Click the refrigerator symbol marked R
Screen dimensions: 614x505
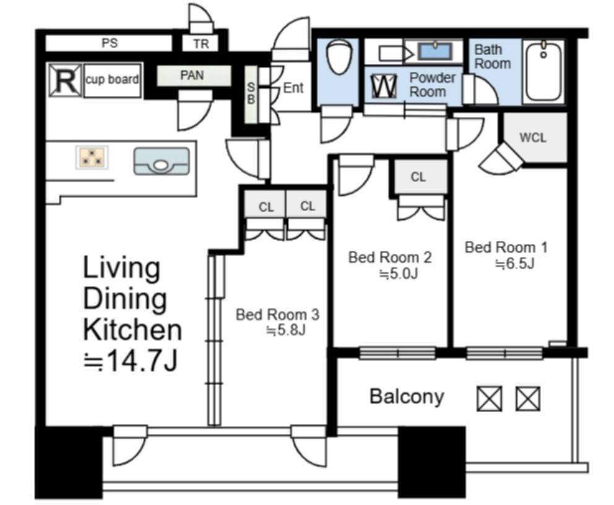[x=66, y=80]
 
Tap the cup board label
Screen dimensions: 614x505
[x=112, y=79]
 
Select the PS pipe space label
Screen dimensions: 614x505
[x=110, y=43]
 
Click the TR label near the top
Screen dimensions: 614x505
[x=201, y=44]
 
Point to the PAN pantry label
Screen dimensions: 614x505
[x=192, y=75]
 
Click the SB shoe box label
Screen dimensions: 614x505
[x=251, y=93]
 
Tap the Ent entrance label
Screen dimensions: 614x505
[x=293, y=88]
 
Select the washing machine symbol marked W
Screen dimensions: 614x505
[x=384, y=86]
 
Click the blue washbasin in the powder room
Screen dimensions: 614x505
[x=435, y=51]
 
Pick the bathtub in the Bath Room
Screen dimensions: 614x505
[x=543, y=72]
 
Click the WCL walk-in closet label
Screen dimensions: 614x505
[x=532, y=137]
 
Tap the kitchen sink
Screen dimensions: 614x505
[x=162, y=162]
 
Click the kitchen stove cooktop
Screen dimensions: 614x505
[x=92, y=157]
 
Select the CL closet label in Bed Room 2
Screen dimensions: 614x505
[x=418, y=177]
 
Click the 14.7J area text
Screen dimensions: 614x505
[x=132, y=360]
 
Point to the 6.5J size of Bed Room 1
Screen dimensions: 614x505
[x=515, y=264]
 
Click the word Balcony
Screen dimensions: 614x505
[x=407, y=396]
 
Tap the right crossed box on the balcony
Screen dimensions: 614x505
[x=528, y=399]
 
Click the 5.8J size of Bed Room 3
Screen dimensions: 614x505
[x=285, y=330]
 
